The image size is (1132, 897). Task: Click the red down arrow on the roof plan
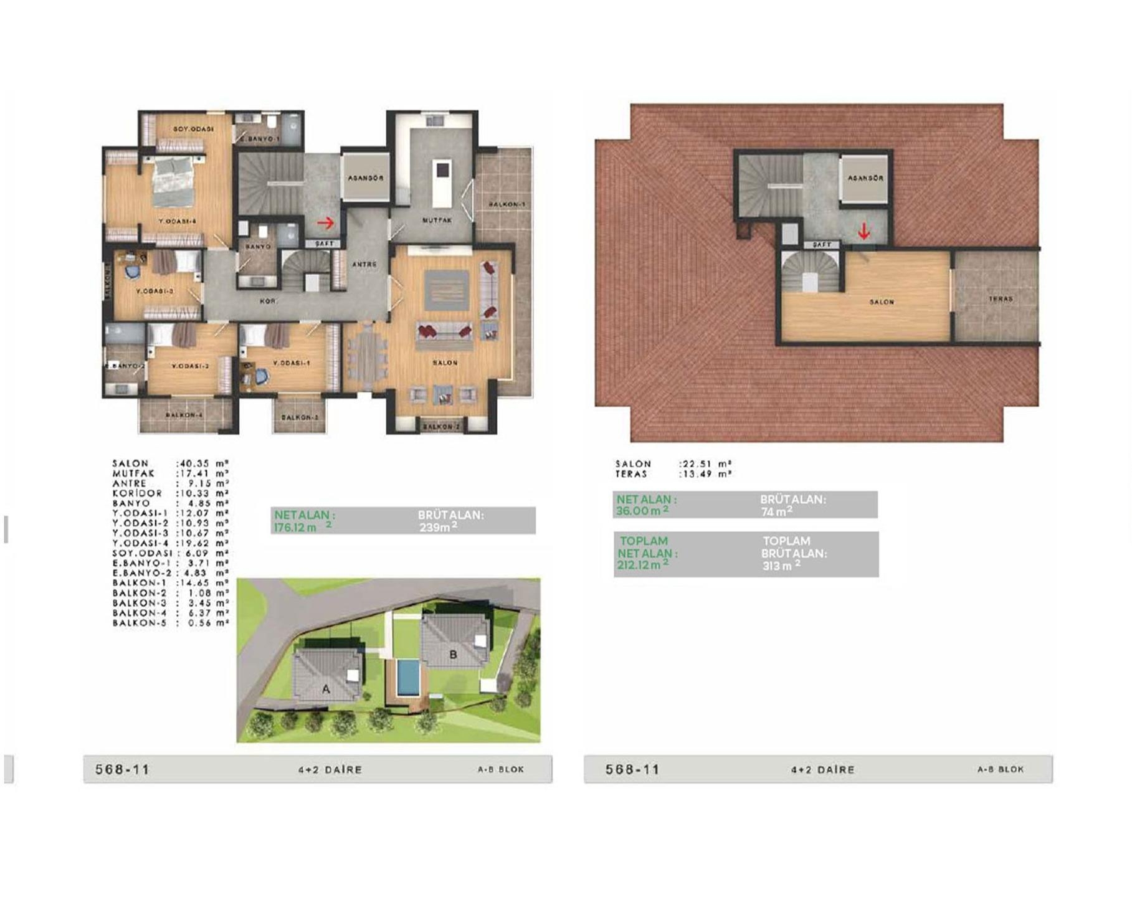pyautogui.click(x=863, y=232)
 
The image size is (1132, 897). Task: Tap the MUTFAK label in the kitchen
pyautogui.click(x=437, y=221)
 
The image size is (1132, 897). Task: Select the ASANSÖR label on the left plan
pyautogui.click(x=366, y=178)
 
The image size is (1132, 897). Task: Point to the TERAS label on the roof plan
pyautogui.click(x=1001, y=299)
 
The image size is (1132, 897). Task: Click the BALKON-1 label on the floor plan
pyautogui.click(x=507, y=204)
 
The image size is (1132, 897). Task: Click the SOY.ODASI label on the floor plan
pyautogui.click(x=194, y=129)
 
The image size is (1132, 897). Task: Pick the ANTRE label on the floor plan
pyautogui.click(x=364, y=264)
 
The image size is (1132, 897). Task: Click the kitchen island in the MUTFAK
pyautogui.click(x=442, y=185)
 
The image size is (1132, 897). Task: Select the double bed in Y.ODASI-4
pyautogui.click(x=172, y=181)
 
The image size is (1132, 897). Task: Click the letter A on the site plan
pyautogui.click(x=325, y=690)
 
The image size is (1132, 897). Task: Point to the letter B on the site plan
pyautogui.click(x=453, y=655)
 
